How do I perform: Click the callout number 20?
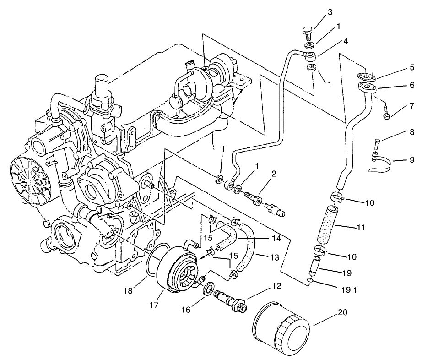tap(342, 313)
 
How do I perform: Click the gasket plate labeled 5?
tap(366, 76)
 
